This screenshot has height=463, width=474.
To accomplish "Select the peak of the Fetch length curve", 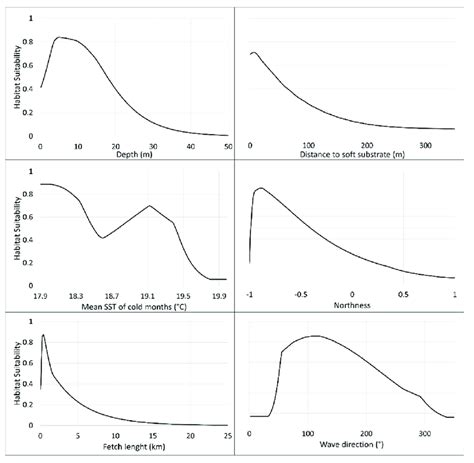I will [x=43, y=335].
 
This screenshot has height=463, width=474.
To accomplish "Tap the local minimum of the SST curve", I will [x=103, y=238].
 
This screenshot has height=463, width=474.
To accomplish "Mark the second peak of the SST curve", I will [x=150, y=206].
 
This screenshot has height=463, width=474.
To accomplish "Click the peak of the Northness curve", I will [x=261, y=188].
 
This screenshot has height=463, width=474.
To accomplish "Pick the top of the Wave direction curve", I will [x=316, y=336].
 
